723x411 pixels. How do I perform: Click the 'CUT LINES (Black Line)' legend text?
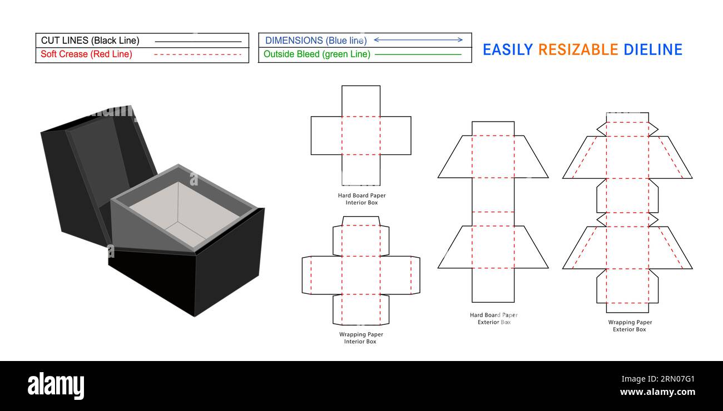click(x=90, y=41)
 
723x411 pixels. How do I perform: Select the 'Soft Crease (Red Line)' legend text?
click(x=86, y=54)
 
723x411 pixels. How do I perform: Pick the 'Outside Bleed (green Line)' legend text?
click(x=316, y=54)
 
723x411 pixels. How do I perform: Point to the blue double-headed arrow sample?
click(x=418, y=40)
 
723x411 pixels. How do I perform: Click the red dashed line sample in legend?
click(x=197, y=54)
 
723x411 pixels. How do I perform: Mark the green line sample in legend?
click(x=418, y=54)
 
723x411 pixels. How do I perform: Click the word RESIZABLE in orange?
click(x=578, y=50)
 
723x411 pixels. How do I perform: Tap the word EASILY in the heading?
click(x=508, y=50)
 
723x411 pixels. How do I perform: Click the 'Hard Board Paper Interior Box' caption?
click(x=361, y=199)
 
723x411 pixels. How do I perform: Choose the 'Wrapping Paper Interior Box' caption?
click(x=361, y=338)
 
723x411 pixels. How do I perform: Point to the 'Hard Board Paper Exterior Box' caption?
click(x=493, y=318)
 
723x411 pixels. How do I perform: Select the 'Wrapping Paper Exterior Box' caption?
click(x=630, y=325)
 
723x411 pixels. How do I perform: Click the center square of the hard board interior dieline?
click(x=361, y=136)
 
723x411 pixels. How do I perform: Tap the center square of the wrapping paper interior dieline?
click(x=361, y=275)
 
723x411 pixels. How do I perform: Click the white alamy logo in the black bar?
click(x=56, y=386)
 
